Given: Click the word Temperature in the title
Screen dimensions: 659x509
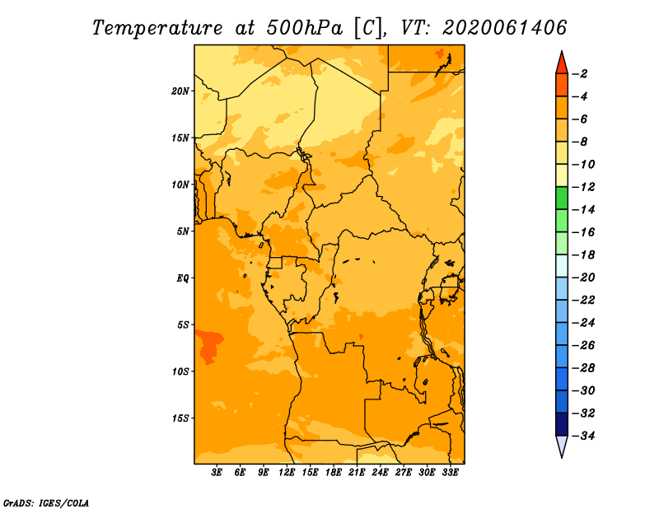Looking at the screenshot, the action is (157, 28).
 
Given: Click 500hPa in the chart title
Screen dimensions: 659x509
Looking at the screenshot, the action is (305, 28).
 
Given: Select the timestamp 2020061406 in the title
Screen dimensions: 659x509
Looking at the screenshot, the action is (505, 28).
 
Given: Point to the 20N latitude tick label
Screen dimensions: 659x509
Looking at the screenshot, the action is (180, 91).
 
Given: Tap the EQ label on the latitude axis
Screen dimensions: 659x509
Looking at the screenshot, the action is (183, 278).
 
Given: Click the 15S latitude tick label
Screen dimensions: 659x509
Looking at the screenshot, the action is (180, 418).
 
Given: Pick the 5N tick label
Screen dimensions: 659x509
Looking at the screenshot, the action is (183, 231).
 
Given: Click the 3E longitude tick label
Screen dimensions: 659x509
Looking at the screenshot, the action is (217, 473).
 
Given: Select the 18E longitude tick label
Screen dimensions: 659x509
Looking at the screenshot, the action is (334, 473).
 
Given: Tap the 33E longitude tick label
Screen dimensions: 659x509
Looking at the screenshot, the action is (450, 473).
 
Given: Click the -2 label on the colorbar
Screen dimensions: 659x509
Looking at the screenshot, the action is (580, 74).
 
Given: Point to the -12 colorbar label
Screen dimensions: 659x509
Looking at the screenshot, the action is (583, 187).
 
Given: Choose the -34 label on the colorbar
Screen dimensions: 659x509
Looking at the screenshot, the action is (583, 436).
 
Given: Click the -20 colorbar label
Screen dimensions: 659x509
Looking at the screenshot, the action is (583, 278).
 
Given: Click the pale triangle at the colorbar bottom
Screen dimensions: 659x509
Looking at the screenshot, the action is (562, 445).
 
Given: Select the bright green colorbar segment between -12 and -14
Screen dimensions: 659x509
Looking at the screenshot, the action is (562, 198).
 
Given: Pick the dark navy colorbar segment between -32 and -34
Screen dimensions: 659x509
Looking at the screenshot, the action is (562, 424).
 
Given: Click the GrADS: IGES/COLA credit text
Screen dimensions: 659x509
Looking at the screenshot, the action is (46, 502).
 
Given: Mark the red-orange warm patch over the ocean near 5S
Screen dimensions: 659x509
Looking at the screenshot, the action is (209, 344).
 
